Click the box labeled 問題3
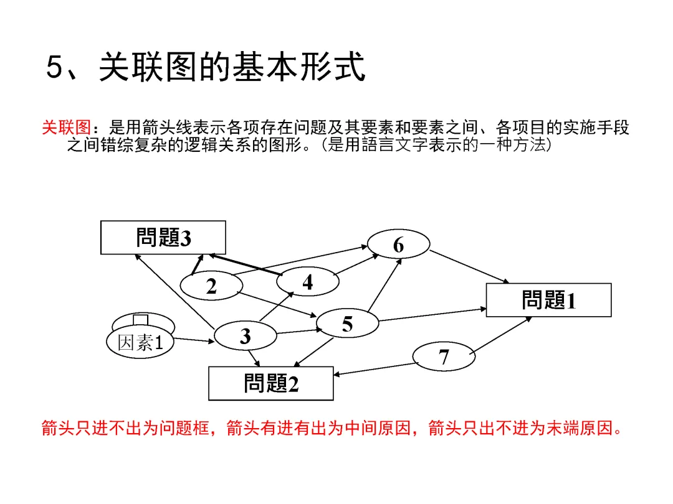tap(163, 238)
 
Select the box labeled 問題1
tap(548, 300)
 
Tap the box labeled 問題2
tap(270, 383)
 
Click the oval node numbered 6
tap(398, 245)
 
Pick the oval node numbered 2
tap(211, 286)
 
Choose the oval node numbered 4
tap(308, 282)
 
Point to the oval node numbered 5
tap(347, 324)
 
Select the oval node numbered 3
tap(245, 336)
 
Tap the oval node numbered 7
tap(444, 357)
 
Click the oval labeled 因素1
tap(140, 342)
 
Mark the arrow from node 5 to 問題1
tap(432, 314)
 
